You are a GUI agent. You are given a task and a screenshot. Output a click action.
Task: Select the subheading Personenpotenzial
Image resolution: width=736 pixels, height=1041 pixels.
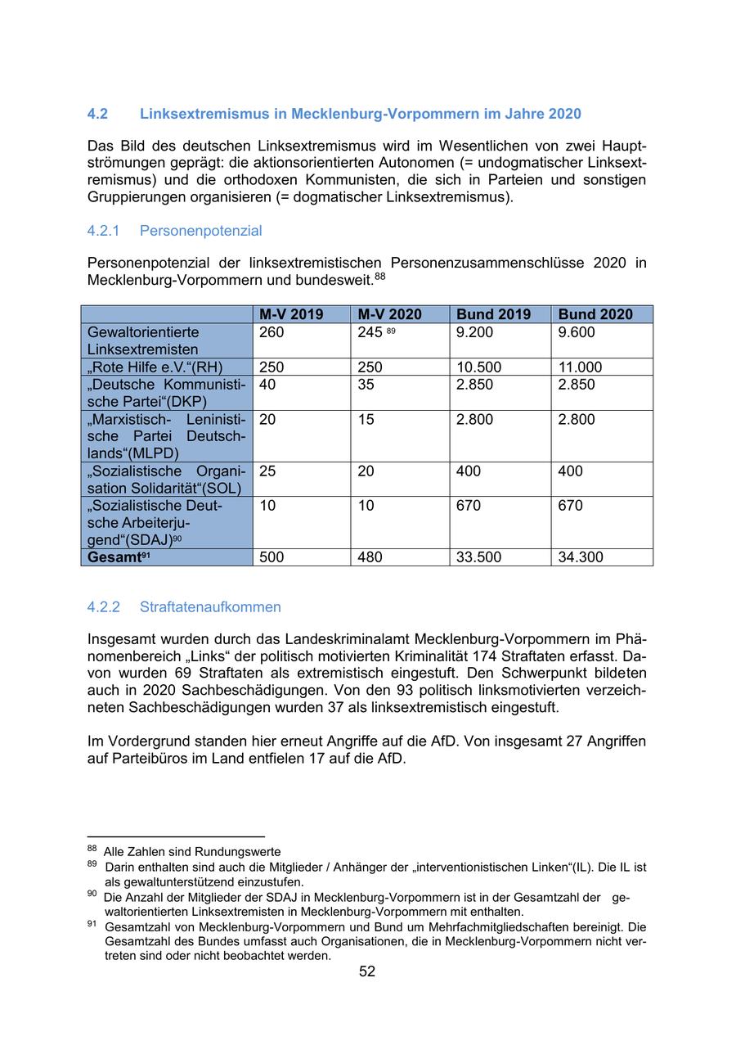pos(200,231)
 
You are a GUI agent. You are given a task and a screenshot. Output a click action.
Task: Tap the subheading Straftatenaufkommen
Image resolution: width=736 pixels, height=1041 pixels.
pos(210,607)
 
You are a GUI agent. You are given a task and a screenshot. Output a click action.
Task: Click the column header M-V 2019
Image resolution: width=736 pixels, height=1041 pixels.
pos(291,314)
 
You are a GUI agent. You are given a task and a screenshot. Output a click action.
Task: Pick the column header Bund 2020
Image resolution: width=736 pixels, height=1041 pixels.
pos(595,314)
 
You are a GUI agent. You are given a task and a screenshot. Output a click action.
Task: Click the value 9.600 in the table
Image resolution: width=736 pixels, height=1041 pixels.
pos(577,332)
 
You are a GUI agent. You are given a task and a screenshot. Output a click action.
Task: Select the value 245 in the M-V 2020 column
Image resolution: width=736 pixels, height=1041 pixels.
pos(370,332)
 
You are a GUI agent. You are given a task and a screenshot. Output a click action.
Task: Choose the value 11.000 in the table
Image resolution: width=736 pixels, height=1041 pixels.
pos(580,367)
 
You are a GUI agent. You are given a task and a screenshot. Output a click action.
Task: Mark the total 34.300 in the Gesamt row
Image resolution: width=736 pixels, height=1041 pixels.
pos(581,557)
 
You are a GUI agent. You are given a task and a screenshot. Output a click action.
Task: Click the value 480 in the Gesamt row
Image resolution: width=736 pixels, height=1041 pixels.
pos(370,557)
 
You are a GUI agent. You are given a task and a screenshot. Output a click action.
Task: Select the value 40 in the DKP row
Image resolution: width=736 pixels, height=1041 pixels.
pos(267,385)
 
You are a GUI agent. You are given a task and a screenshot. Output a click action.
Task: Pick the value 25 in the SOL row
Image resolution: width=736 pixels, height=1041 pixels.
pos(267,471)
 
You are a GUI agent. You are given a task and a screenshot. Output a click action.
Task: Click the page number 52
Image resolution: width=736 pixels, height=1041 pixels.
pos(367,971)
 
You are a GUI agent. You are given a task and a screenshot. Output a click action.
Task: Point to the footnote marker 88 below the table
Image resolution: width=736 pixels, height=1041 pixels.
pos(92,849)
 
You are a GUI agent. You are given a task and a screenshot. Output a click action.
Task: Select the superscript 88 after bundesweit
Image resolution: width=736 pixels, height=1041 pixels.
pos(380,276)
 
